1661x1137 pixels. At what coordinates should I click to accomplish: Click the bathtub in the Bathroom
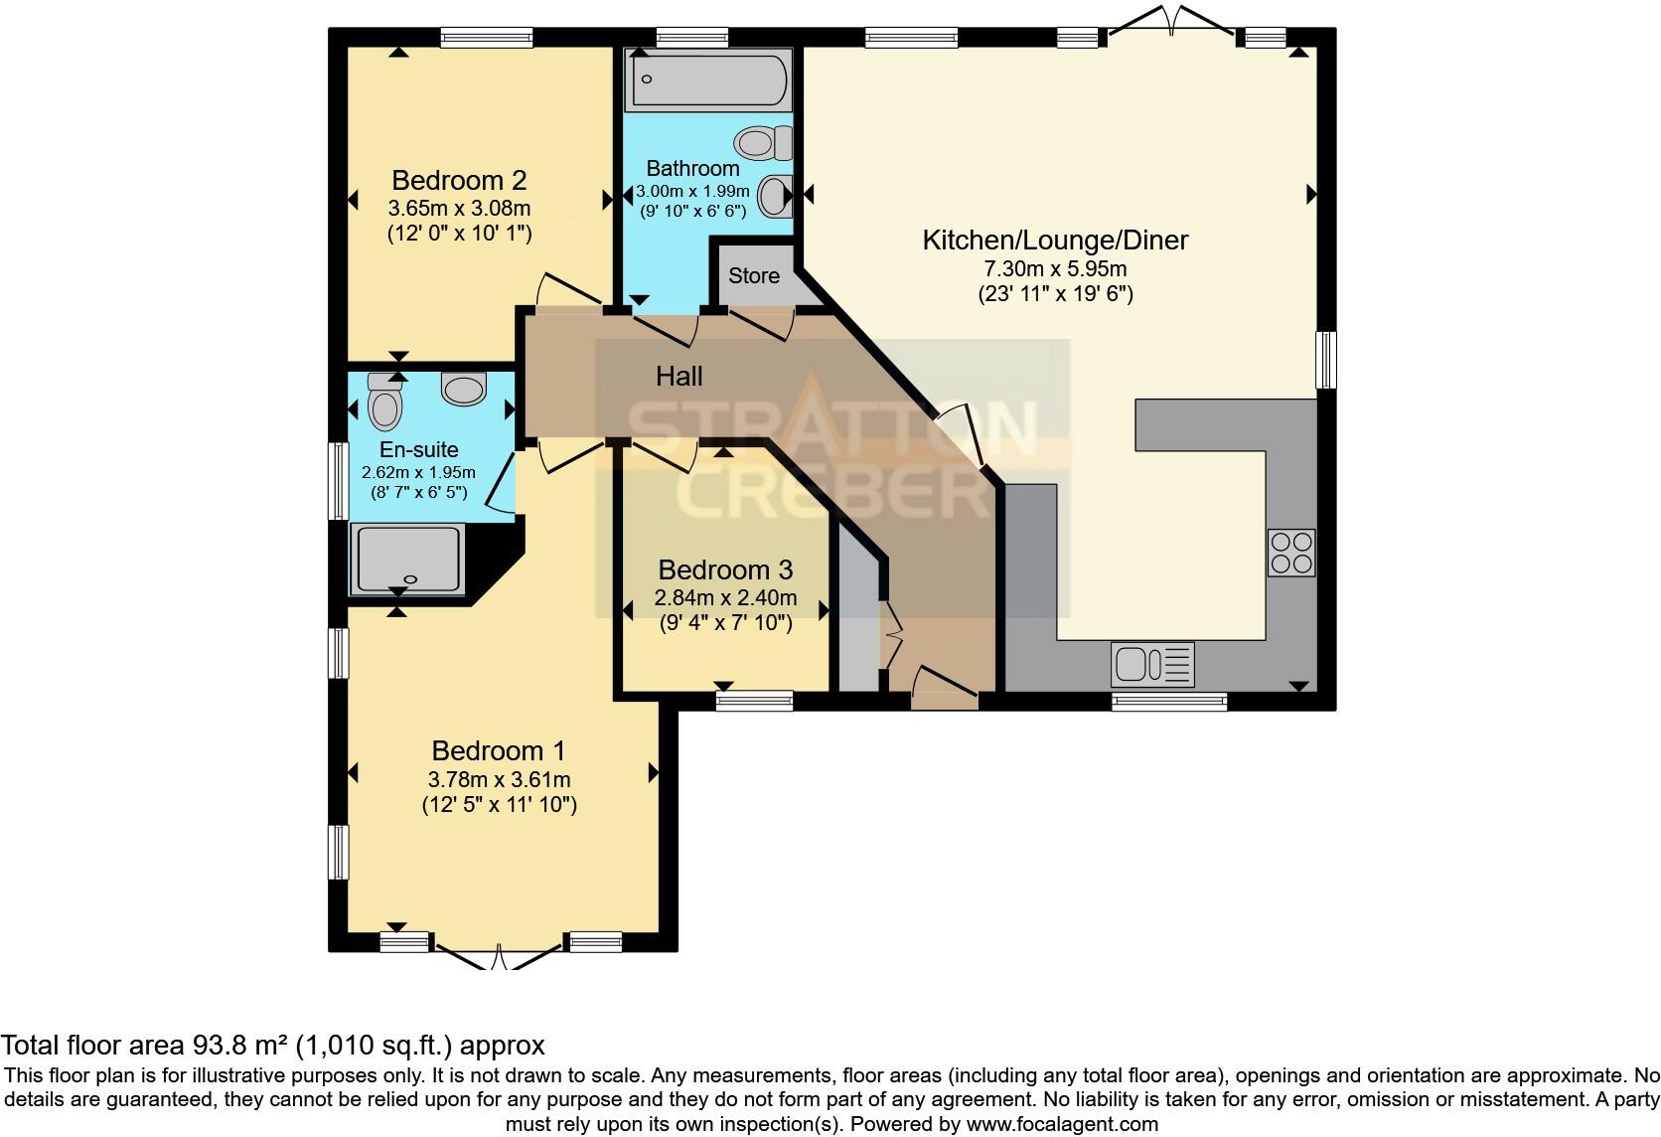(708, 81)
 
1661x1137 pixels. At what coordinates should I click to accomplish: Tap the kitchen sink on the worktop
(1152, 664)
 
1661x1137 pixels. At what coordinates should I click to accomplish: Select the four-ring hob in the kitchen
(1290, 553)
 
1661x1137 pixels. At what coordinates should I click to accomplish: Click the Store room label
(754, 275)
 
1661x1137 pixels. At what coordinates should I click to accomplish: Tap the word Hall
(679, 376)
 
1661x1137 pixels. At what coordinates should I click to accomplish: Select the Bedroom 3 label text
(725, 569)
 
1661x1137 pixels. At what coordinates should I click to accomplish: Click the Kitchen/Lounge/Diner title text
(1055, 240)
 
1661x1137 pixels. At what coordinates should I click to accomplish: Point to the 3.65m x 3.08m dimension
(459, 209)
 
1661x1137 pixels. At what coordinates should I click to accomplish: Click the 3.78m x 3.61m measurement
(499, 779)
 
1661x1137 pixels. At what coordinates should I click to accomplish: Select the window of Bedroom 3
(755, 701)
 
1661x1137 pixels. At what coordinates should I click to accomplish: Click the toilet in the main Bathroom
(763, 143)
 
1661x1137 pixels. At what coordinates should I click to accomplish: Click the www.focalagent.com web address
(1061, 1124)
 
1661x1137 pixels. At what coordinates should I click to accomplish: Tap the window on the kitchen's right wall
(1325, 360)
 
